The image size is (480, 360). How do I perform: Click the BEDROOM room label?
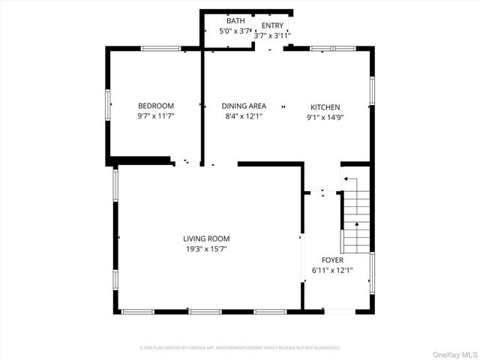(155, 106)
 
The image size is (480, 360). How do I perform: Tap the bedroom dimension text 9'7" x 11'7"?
(155, 117)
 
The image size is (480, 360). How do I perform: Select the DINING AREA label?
(244, 106)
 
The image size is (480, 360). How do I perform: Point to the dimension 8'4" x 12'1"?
(244, 117)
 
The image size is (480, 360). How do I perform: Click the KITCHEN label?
(325, 107)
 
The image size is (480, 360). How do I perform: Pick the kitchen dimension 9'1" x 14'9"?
(325, 118)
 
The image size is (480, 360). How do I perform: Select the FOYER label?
(332, 259)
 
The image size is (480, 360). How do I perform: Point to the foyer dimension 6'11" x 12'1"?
(332, 270)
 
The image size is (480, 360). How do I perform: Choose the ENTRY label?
(272, 25)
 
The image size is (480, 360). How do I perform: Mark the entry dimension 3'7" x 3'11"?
(272, 35)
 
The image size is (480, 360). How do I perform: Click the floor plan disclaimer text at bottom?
(240, 348)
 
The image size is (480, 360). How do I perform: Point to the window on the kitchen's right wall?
(371, 90)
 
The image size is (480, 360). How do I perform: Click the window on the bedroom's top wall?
(160, 49)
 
